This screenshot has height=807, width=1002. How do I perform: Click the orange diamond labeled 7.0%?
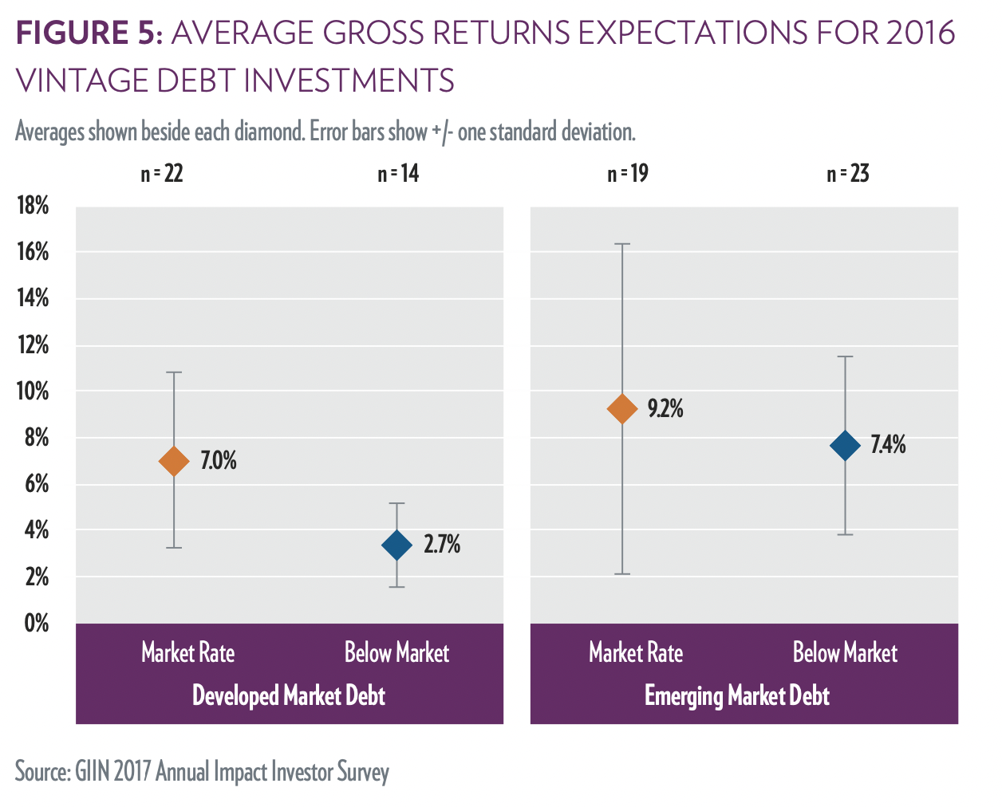(174, 461)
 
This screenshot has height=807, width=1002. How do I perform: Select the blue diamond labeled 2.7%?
(397, 545)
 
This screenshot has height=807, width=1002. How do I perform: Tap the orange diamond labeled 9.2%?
(622, 409)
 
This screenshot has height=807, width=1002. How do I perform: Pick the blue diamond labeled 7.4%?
(846, 445)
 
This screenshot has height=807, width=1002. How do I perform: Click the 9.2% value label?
(665, 409)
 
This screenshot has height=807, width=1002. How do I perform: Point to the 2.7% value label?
(442, 545)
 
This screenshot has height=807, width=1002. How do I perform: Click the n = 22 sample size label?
(162, 174)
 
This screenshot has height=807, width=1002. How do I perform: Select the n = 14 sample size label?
(398, 174)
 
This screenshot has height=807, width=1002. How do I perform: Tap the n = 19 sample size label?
(628, 174)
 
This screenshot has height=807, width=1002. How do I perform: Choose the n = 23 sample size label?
(848, 174)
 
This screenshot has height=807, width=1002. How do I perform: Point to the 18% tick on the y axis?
(33, 206)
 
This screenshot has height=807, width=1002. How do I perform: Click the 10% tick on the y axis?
(33, 392)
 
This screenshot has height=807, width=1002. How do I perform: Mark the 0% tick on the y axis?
(37, 623)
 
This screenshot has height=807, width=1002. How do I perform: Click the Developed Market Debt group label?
(289, 696)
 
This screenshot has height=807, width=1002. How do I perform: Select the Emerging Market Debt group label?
(737, 696)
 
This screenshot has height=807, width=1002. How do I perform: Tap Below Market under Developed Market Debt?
(396, 653)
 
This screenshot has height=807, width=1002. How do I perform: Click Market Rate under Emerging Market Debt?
(636, 653)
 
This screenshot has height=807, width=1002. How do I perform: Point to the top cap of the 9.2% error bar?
(622, 244)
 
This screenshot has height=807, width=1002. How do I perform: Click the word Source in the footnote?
(41, 772)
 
